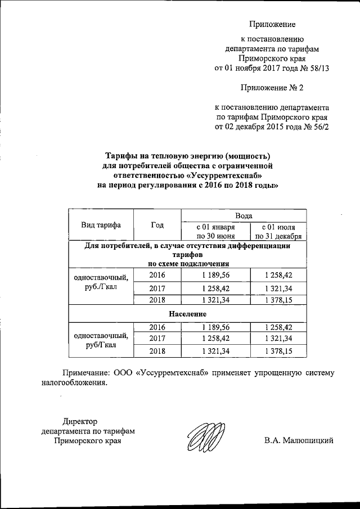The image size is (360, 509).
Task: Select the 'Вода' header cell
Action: [244, 215]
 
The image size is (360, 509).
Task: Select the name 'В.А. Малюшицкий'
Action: [299, 440]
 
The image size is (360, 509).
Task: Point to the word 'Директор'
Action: [80, 421]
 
